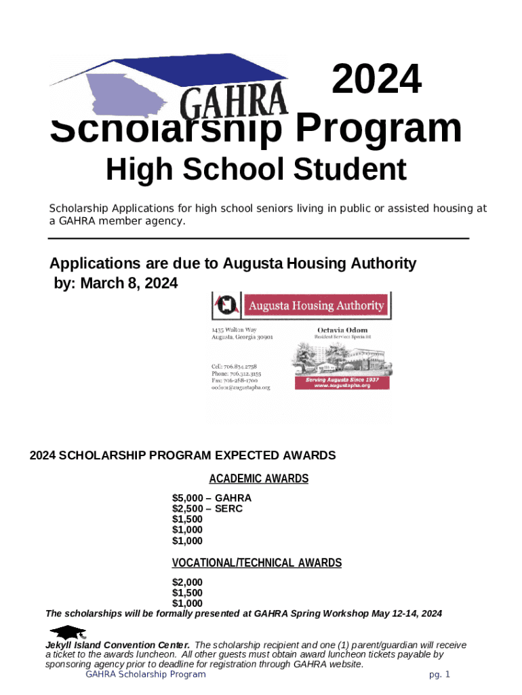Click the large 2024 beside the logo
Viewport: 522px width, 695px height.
click(376, 80)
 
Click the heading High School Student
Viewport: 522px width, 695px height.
click(256, 169)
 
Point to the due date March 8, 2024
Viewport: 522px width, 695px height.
click(128, 283)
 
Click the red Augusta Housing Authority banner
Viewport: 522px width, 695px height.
click(315, 305)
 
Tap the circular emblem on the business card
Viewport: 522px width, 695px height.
click(226, 305)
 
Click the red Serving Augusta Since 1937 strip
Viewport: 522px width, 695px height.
click(342, 383)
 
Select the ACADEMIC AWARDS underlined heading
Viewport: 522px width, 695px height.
click(258, 479)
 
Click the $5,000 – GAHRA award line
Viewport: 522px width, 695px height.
click(212, 498)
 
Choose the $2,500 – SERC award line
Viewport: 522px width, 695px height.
click(207, 508)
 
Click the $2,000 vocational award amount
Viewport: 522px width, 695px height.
click(187, 582)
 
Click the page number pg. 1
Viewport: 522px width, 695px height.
click(439, 675)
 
